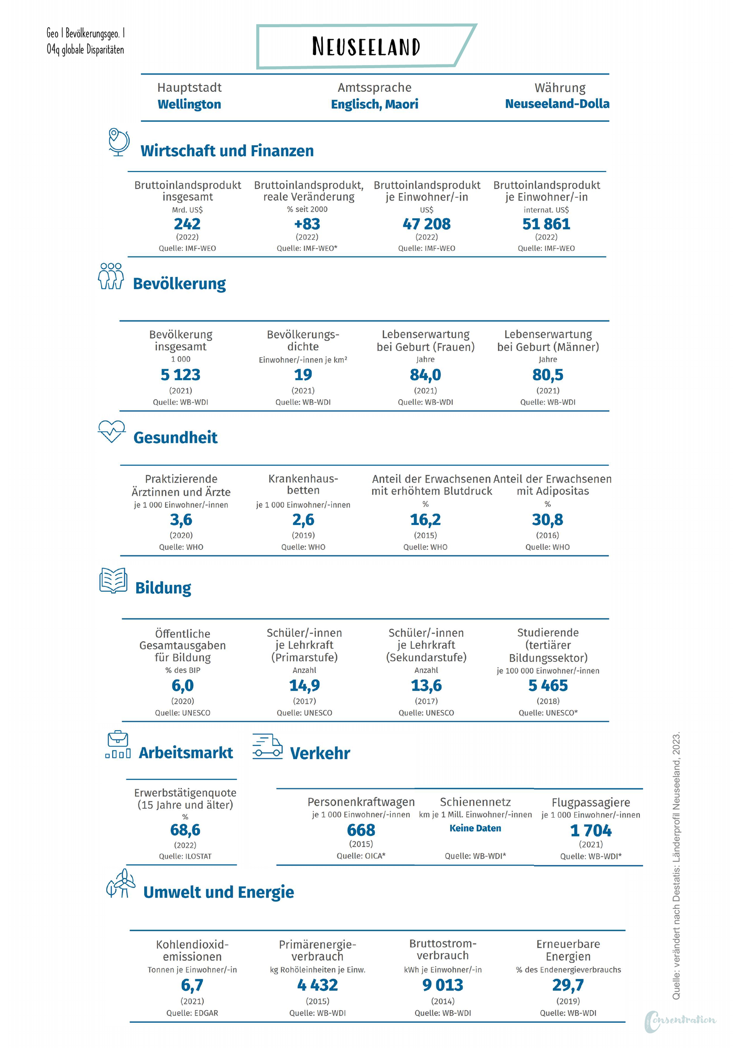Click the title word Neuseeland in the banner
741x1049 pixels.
[366, 47]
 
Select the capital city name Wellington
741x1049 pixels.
[189, 104]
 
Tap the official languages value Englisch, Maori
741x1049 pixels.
[375, 104]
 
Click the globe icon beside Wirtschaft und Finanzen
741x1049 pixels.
[119, 142]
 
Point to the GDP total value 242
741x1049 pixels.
[187, 224]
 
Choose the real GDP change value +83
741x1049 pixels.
[307, 224]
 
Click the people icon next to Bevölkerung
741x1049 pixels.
[111, 276]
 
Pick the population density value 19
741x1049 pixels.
[303, 375]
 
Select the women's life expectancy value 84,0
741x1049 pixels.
[426, 375]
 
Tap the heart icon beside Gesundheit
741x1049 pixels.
[112, 431]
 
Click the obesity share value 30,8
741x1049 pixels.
[548, 520]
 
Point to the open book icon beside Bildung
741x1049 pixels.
[113, 580]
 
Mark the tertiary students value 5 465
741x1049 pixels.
[548, 686]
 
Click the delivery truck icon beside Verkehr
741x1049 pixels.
[267, 746]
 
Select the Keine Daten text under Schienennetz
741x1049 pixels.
[475, 828]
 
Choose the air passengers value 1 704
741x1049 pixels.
[591, 831]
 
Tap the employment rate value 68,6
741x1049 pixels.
[185, 830]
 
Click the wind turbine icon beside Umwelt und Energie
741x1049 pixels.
[121, 883]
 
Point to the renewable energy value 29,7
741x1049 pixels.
[568, 986]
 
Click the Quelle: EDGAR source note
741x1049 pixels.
[192, 1013]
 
